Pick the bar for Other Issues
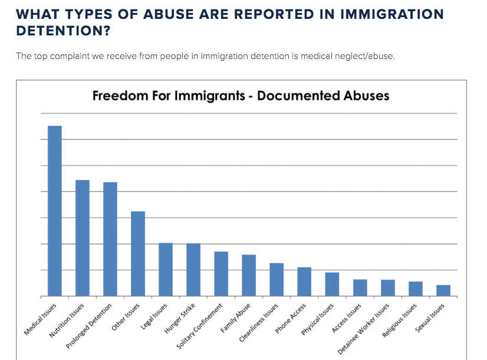(138, 254)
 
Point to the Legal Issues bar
(166, 269)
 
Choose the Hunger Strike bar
(193, 270)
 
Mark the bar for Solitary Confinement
(221, 274)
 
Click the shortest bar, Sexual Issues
(443, 290)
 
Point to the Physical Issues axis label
(318, 319)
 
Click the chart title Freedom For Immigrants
(241, 96)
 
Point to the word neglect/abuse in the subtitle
(370, 56)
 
